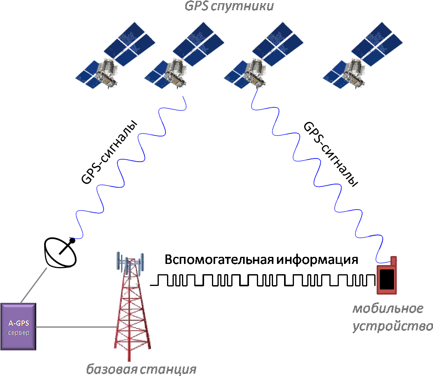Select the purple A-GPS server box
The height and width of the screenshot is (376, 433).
19,326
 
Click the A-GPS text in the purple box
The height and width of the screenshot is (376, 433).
19,324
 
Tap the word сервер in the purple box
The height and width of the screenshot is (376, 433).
19,333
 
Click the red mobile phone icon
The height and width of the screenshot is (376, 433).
387,279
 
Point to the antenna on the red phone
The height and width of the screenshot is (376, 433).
393,261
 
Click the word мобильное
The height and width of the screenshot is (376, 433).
388,309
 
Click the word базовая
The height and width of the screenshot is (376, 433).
112,370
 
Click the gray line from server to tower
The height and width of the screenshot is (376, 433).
75,327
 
